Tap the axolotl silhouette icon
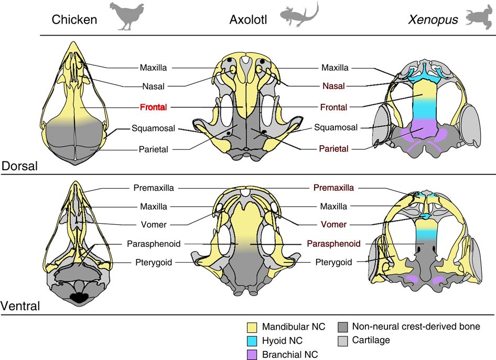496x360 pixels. pos(299,15)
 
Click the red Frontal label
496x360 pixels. pos(153,107)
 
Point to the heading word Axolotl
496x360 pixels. pos(250,20)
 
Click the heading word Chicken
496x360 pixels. pos(74,20)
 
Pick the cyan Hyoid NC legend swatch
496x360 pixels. pos(253,341)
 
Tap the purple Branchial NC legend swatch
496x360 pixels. pos(253,354)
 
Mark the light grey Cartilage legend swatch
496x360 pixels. pos(344,341)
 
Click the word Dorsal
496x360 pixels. pos(20,166)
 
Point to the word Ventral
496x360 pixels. pos(22,306)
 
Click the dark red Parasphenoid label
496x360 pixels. pos(333,244)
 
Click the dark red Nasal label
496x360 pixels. pos(333,85)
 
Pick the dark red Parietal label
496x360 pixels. pos(333,149)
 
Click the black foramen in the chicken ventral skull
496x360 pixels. pos(80,298)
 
